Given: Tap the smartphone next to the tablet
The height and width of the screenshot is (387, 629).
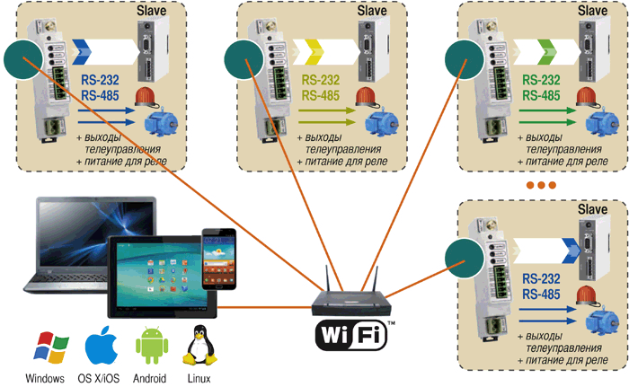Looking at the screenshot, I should tap(218, 258).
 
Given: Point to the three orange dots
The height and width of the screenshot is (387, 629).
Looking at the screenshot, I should tap(542, 185).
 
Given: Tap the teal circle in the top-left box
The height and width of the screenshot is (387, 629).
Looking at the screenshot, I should tap(23, 60).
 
